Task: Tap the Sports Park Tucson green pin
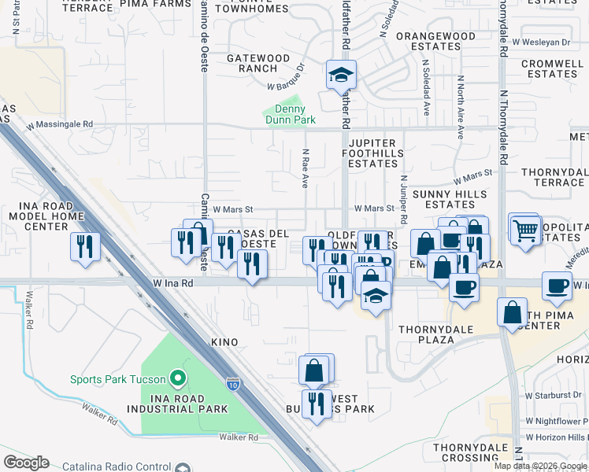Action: [x=178, y=379]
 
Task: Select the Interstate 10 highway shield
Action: [x=233, y=384]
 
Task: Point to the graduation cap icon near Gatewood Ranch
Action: [x=341, y=76]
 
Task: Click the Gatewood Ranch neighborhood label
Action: [x=258, y=63]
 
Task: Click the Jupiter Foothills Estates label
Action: [x=373, y=153]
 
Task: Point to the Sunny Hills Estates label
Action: [x=443, y=199]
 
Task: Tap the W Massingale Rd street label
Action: [x=59, y=124]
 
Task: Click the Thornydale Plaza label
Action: [x=426, y=334]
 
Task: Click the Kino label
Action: [x=224, y=343]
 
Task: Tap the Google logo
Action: [x=26, y=463]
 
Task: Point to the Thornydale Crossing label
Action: [x=471, y=452]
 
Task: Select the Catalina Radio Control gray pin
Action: [x=183, y=466]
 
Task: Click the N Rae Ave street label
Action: [x=305, y=170]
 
